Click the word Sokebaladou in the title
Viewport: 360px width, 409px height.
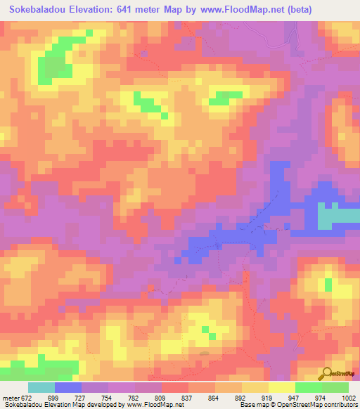41,9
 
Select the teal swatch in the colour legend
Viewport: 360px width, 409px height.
41,388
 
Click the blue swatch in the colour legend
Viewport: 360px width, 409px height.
68,388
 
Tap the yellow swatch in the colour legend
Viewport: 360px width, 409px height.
281,388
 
